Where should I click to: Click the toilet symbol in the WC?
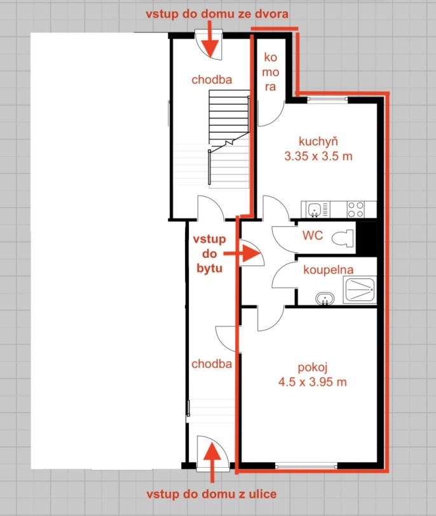pos(343,238)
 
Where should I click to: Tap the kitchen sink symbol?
pos(315,210)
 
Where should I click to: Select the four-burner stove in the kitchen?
pos(356,210)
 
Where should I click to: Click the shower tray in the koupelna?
pos(360,290)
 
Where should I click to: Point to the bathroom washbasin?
pos(325,299)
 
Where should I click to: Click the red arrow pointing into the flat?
pos(242,254)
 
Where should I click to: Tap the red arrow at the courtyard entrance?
pos(210,39)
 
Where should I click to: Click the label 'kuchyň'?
pos(318,142)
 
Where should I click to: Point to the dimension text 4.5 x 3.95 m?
pos(312,382)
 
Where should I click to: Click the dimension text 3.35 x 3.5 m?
pos(318,156)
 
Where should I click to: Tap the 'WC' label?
pos(313,235)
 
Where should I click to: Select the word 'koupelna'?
pos(329,270)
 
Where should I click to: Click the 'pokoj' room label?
pos(312,367)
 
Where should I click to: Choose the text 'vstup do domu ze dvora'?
pos(217,14)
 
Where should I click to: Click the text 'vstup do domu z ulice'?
pos(212,494)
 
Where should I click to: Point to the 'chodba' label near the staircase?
pos(212,79)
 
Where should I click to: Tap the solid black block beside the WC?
pos(366,238)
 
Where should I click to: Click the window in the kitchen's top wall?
pos(328,99)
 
